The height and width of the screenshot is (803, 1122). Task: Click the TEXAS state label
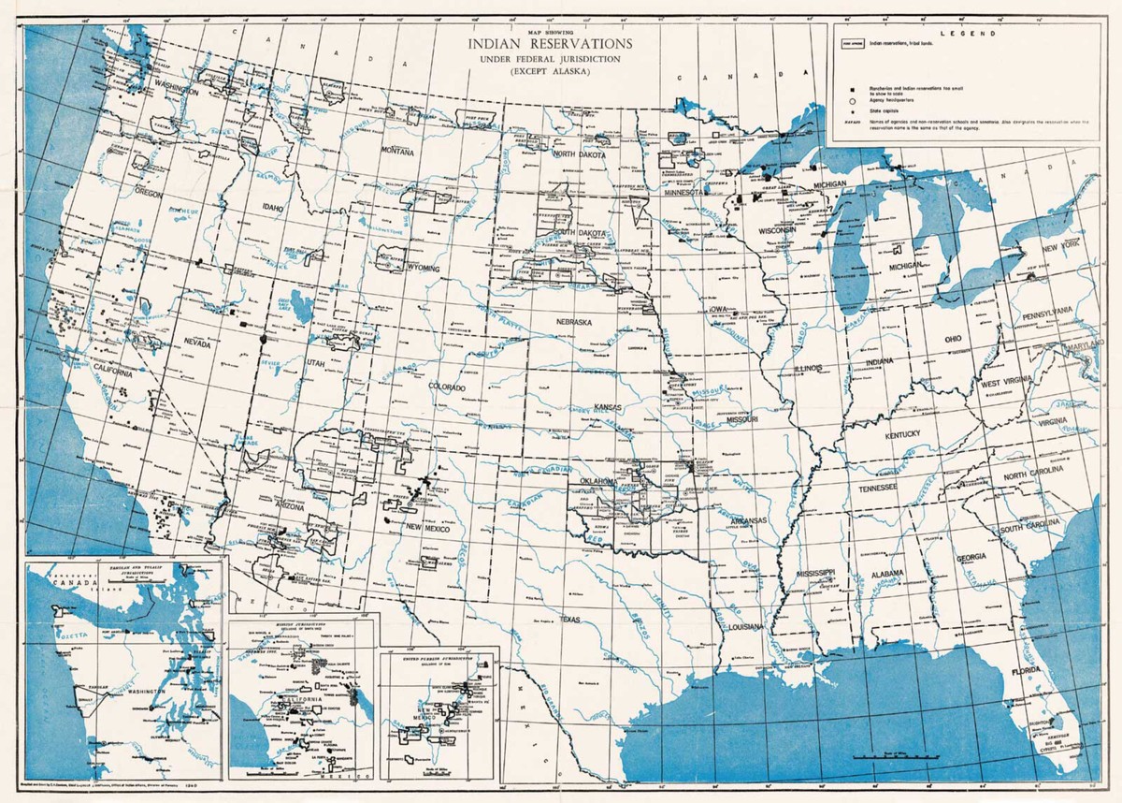click(570, 619)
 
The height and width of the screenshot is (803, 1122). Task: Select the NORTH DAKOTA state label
click(578, 154)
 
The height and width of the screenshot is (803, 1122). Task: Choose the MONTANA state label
click(396, 151)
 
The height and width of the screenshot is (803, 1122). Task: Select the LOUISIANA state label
click(745, 625)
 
